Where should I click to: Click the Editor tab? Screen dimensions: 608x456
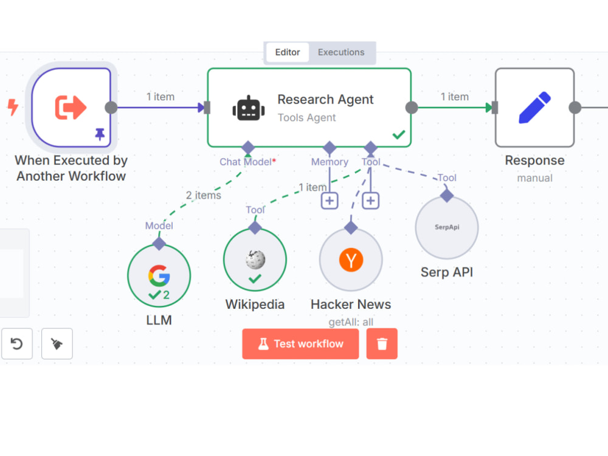coord(288,52)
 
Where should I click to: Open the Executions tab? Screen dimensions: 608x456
coord(341,52)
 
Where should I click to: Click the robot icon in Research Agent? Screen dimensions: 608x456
coord(249,108)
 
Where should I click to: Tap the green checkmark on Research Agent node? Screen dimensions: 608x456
coord(399,134)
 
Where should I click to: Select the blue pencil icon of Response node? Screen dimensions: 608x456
coord(534,108)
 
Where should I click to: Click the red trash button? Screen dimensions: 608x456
coord(382,344)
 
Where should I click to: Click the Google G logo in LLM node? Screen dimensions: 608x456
coord(159,275)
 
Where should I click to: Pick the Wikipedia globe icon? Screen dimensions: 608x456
coord(255,260)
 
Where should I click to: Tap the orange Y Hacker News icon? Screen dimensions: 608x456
coord(351,260)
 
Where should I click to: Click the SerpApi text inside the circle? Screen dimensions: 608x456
coord(447,227)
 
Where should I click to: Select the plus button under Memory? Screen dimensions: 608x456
coord(330,201)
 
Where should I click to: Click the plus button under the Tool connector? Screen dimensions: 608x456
coord(371,201)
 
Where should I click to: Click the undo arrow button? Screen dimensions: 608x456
coord(16,344)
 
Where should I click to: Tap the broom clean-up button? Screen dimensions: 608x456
coord(57,344)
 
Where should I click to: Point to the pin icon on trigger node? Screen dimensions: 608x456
coord(100,134)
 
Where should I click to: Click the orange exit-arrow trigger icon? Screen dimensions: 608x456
coord(71,108)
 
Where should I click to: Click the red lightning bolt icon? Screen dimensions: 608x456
coord(13,108)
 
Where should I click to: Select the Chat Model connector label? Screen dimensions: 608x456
coord(247,162)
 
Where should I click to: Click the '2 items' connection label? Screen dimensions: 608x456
coord(203,195)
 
